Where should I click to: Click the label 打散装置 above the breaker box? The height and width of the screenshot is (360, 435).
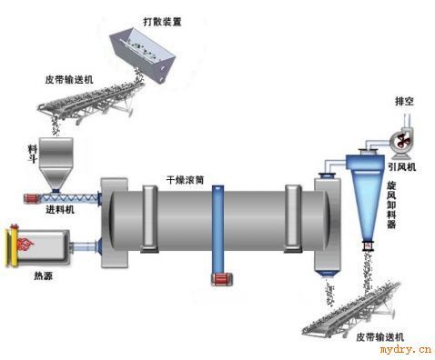click(x=162, y=22)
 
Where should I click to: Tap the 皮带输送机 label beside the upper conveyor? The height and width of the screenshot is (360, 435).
click(x=69, y=80)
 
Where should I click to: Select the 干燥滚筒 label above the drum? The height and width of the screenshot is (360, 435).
click(x=185, y=180)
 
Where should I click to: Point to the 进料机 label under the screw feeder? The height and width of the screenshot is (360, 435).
click(x=60, y=209)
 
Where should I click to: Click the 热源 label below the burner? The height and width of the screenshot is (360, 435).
click(x=44, y=275)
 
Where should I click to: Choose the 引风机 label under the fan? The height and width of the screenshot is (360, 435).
click(x=402, y=166)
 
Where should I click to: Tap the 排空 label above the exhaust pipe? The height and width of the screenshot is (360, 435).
click(x=404, y=101)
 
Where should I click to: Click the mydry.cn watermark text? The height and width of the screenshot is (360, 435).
click(x=406, y=350)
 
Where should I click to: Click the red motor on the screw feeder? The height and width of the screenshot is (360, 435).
click(x=31, y=199)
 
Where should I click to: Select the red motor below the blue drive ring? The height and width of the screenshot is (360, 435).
click(x=222, y=279)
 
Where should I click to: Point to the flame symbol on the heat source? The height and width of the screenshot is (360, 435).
click(x=25, y=245)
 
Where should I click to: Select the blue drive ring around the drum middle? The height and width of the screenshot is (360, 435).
click(x=217, y=229)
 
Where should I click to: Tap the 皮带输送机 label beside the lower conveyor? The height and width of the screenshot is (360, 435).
click(x=379, y=337)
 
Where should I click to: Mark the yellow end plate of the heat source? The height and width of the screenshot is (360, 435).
click(x=13, y=245)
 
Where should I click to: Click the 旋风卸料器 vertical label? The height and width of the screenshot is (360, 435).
click(x=391, y=205)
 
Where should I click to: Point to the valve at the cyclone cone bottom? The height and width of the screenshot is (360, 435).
click(x=369, y=245)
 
